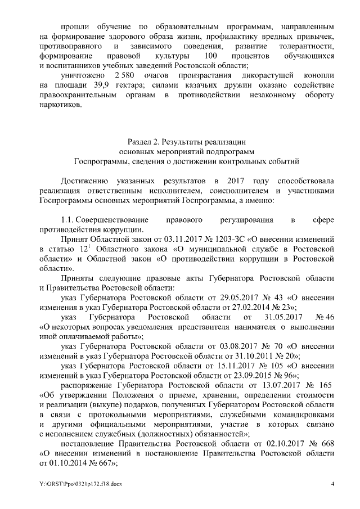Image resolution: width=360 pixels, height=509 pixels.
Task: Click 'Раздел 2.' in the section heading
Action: pyautogui.click(x=148, y=141)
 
